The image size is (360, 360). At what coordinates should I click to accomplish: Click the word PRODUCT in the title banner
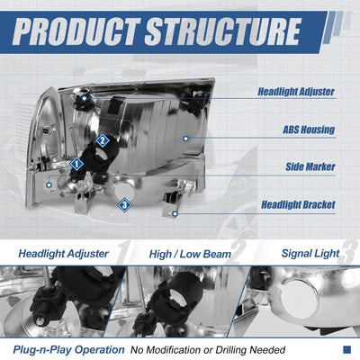pos(76,31)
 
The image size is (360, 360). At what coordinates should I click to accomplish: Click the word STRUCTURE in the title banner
pos(223,31)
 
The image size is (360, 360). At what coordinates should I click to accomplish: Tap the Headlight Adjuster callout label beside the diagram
pos(296,92)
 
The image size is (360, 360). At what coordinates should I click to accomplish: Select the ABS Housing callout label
pos(309,130)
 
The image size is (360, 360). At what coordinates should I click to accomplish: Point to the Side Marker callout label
pos(310,166)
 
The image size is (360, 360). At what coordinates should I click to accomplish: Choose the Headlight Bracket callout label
pos(298,204)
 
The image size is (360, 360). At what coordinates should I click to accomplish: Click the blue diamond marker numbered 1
pos(76,164)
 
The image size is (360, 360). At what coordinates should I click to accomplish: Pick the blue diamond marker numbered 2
pos(103,140)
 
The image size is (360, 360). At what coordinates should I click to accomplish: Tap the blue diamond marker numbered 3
pos(124,205)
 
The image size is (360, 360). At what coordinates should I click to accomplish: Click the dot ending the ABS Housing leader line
pos(185,139)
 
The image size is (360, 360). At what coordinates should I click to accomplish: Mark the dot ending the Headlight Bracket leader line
pos(175,213)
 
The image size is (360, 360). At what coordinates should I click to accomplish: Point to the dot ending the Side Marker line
pos(49,184)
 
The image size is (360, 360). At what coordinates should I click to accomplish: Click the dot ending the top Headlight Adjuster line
pos(85,98)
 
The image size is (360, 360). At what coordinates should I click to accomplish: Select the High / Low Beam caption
pos(190,255)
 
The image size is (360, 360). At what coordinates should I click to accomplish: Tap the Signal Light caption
pos(310,254)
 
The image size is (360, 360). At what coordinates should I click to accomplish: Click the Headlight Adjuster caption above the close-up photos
pos(63,254)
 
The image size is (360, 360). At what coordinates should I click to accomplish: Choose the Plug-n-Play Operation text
pos(68,350)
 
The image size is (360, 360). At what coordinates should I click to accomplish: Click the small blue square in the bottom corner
pos(346,349)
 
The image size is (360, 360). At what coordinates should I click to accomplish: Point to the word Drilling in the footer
pos(231,350)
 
